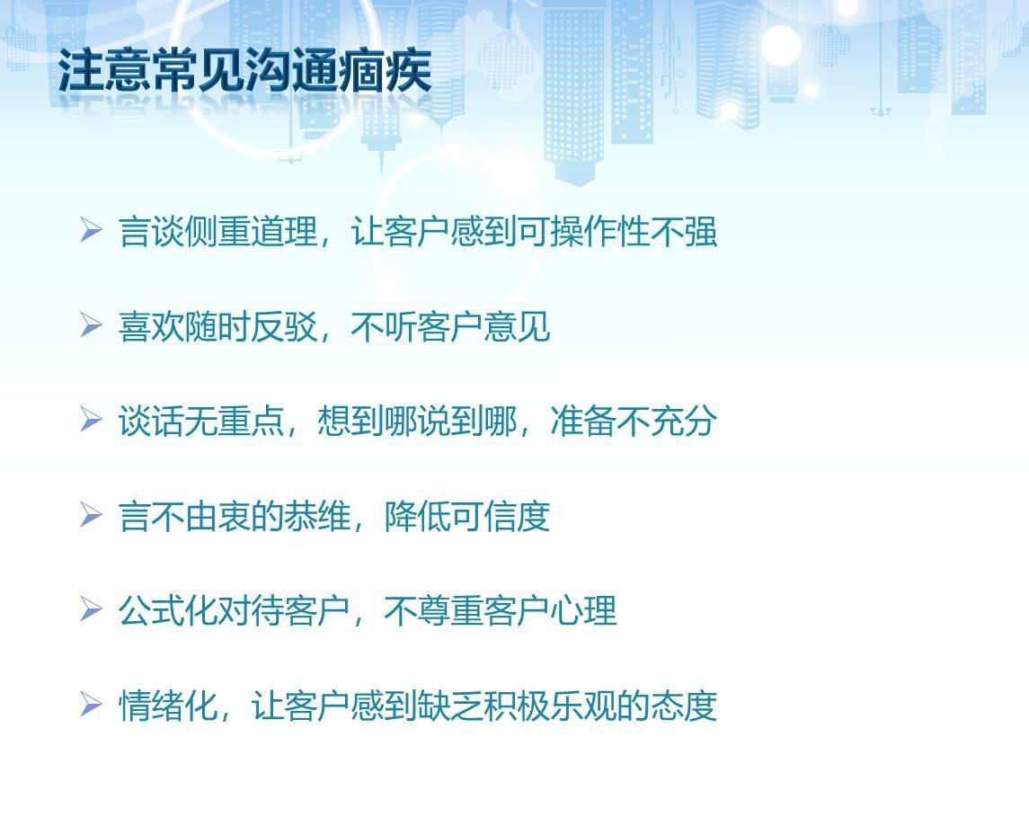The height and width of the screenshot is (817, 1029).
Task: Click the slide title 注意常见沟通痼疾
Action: [244, 70]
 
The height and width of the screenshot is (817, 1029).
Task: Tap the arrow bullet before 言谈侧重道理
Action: [92, 230]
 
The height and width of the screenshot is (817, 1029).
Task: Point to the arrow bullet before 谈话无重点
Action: [92, 420]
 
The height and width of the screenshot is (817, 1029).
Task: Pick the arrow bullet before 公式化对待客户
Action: [92, 609]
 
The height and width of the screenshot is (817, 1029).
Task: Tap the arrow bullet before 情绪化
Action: [92, 705]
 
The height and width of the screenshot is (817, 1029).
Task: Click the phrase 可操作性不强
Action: [617, 231]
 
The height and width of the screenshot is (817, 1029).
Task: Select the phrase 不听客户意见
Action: [451, 326]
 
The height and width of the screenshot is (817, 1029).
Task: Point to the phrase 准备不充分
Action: [634, 421]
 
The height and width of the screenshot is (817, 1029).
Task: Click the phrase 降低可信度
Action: [467, 516]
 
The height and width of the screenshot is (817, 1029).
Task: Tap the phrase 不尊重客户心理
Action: [501, 611]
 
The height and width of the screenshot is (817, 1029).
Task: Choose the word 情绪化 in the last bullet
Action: [168, 706]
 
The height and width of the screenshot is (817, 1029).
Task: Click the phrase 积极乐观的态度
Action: [600, 706]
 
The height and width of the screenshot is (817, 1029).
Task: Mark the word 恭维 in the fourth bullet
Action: [317, 516]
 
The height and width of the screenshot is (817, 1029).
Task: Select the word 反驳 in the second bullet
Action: [284, 326]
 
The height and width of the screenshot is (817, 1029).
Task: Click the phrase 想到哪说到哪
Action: [417, 421]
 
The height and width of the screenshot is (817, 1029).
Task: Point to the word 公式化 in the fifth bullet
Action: [168, 611]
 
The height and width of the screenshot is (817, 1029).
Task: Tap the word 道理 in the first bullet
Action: [284, 231]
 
